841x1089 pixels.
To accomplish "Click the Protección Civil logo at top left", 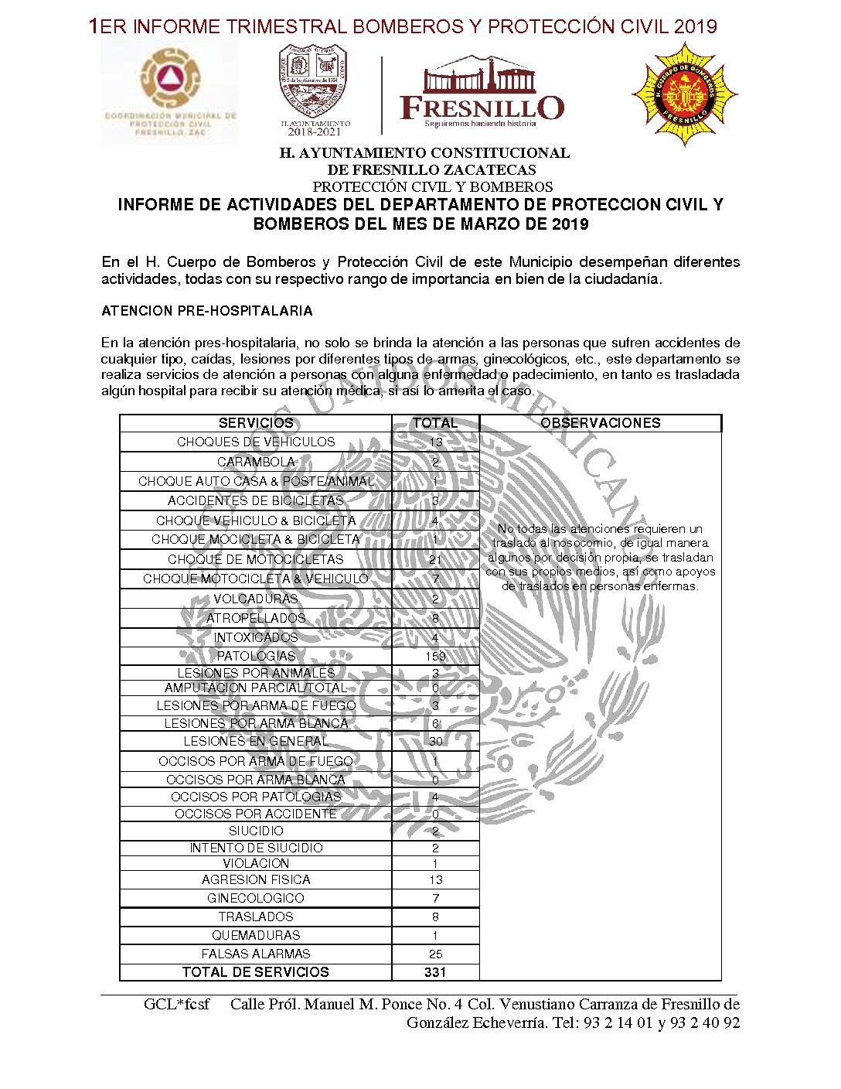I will point(170,93).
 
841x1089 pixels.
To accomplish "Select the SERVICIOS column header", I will point(256,423).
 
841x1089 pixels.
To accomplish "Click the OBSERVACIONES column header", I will point(601,423).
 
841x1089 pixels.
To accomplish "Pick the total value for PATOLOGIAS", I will point(436,656).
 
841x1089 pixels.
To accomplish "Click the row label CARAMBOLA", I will point(256,462).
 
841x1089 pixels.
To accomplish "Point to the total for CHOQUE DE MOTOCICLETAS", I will point(436,559).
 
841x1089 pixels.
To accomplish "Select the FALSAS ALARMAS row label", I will point(256,954).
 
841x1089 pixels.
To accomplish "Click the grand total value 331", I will point(436,972).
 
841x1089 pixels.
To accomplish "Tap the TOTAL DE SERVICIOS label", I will point(256,972).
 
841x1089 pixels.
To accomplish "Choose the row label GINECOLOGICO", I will point(256,898).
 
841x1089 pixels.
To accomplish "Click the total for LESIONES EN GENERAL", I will point(436,741).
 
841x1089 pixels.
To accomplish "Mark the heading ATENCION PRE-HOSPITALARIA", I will point(207,311).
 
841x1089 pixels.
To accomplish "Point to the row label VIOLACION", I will point(256,863).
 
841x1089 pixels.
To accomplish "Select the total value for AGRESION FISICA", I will point(436,880).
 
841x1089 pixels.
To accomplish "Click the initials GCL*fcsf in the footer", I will point(176,1005).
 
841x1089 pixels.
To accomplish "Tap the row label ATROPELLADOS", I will point(256,618).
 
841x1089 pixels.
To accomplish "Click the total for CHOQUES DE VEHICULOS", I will point(436,442).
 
